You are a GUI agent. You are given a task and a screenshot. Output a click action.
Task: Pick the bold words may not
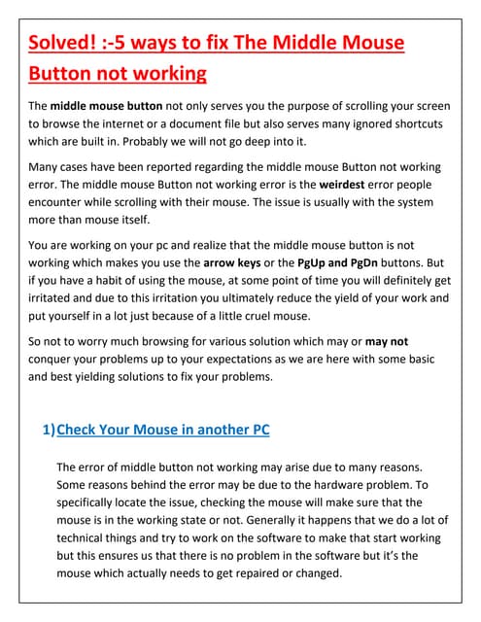387,342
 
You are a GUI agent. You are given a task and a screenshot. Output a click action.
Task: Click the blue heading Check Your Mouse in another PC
163,429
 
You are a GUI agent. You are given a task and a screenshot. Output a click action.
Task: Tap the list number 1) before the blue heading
49,429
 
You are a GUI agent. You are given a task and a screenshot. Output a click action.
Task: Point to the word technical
86,537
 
